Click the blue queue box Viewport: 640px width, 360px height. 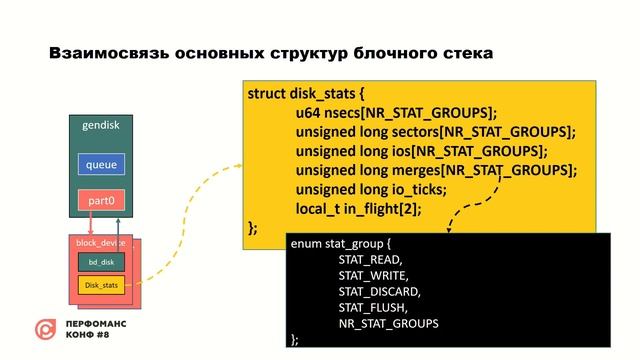pos(102,164)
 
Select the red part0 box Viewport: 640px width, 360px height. pos(102,200)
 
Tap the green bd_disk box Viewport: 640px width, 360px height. pos(100,261)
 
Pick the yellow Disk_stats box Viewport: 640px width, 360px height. pos(101,286)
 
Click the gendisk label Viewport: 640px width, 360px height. pos(101,125)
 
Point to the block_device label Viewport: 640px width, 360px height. pos(99,243)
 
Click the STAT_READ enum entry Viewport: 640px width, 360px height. pos(370,258)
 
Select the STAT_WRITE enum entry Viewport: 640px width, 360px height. pos(373,274)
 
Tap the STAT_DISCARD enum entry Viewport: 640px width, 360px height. pos(379,291)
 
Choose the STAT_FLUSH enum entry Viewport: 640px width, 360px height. pos(373,307)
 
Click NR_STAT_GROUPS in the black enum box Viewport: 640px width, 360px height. pos(388,324)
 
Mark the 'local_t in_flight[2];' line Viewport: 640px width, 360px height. pos(358,208)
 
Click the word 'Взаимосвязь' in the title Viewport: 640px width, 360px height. pos(103,51)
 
